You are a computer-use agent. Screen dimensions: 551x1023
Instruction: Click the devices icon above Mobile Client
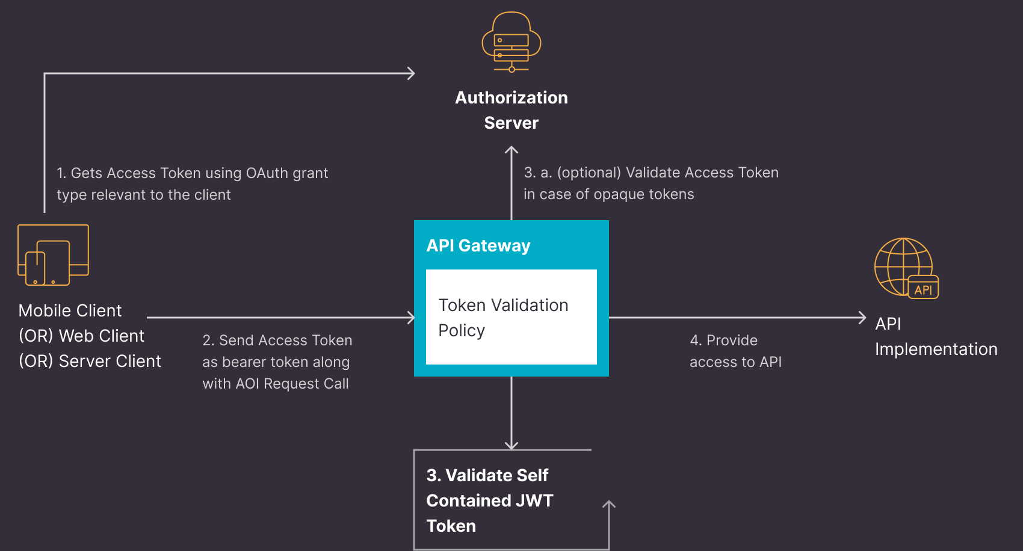point(53,255)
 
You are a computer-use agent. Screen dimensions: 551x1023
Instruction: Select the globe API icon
point(906,268)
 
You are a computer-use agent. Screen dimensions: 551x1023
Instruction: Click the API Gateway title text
point(478,245)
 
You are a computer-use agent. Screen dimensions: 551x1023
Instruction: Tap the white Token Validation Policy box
point(512,317)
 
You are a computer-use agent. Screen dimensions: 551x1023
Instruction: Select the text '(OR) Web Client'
point(81,336)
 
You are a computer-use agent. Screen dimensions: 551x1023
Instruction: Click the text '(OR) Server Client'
point(90,361)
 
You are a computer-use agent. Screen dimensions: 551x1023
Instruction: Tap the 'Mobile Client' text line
point(70,310)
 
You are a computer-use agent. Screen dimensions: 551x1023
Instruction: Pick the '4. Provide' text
point(723,340)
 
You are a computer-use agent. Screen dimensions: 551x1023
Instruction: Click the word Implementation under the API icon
point(936,349)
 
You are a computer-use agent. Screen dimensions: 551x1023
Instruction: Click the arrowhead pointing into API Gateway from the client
point(411,318)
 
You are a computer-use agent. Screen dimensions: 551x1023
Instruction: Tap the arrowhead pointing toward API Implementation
point(862,318)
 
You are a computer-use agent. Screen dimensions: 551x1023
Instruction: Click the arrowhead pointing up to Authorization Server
point(512,150)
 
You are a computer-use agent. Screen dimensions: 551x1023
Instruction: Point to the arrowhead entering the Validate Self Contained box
point(512,446)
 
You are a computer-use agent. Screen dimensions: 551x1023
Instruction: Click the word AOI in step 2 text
point(247,384)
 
